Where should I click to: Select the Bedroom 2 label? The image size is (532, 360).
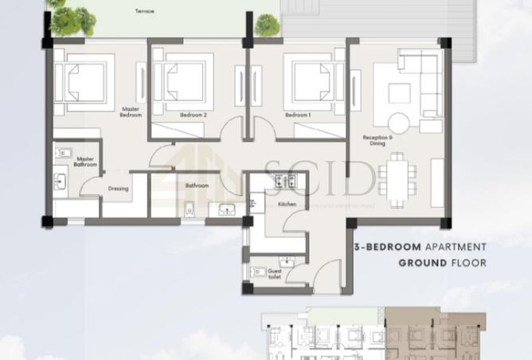[193, 115]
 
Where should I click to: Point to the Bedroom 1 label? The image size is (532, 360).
[297, 115]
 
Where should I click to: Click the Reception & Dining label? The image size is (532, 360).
[374, 140]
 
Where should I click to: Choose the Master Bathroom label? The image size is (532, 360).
[85, 162]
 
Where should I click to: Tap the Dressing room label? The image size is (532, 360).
[119, 189]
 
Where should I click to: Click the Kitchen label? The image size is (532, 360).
[288, 204]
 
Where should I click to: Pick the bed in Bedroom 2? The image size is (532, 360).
[185, 80]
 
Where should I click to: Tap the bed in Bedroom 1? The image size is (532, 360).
[307, 80]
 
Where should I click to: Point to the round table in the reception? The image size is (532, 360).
[398, 123]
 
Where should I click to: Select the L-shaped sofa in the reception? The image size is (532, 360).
[423, 80]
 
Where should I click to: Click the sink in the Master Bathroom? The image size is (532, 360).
[63, 152]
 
